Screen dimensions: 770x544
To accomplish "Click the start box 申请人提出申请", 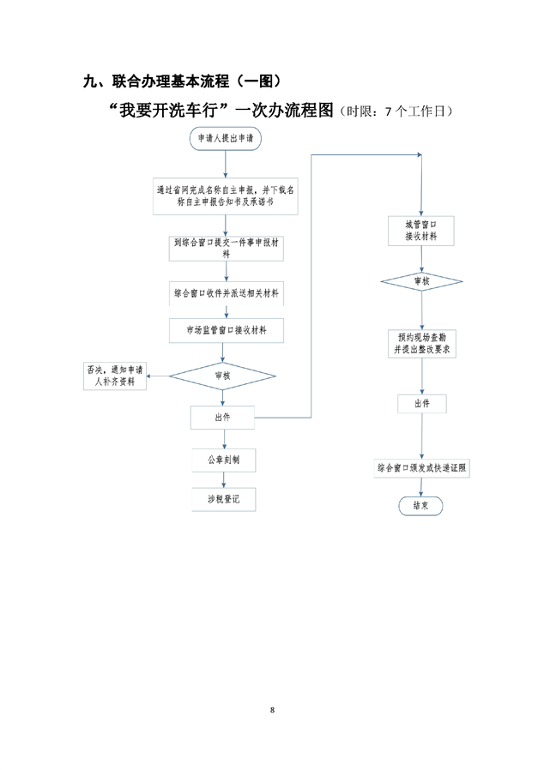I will coord(225,138).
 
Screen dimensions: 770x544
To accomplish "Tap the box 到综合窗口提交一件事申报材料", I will coord(226,248).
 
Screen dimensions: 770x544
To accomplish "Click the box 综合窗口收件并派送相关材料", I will coord(226,293).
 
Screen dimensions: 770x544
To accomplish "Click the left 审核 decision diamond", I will coord(222,375).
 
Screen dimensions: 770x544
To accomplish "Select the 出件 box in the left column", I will coord(222,418).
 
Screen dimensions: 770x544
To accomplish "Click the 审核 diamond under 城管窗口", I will coord(421,280).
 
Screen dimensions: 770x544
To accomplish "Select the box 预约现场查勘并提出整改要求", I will coord(421,343).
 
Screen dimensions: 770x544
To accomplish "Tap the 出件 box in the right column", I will coord(421,403).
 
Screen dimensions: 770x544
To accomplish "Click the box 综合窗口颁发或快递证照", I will coord(421,468).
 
